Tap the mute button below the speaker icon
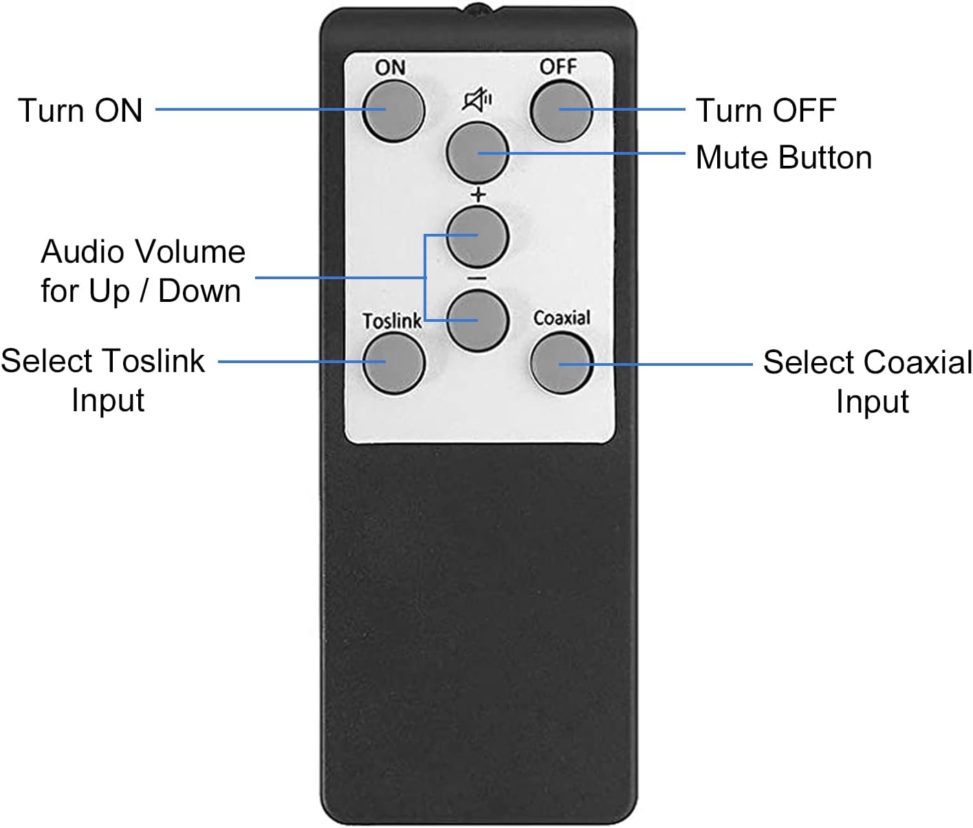(477, 153)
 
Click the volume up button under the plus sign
(477, 236)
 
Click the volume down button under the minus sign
(477, 320)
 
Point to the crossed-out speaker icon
(478, 101)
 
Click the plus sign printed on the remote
(478, 195)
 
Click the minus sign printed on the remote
(477, 279)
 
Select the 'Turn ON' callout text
(80, 110)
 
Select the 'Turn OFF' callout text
(765, 110)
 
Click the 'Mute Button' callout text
(783, 157)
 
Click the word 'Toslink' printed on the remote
(391, 321)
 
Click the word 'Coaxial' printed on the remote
(562, 318)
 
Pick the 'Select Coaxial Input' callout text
(868, 381)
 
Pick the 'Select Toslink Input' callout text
(103, 380)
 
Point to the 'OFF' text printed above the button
(558, 67)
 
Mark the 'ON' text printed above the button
(390, 67)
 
